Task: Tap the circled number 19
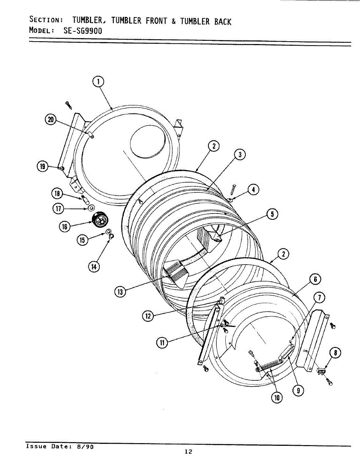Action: (42, 167)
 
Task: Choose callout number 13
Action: (120, 292)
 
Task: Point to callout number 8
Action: (335, 353)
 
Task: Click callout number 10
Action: (277, 398)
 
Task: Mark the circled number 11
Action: (161, 343)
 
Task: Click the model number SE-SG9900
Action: (82, 31)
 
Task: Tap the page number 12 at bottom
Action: (188, 451)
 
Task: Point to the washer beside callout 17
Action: (91, 208)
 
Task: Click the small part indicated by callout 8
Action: (322, 370)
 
